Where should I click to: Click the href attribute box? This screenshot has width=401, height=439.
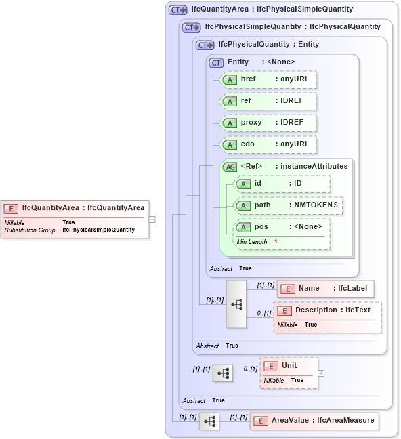(x=270, y=79)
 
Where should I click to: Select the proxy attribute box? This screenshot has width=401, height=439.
(x=270, y=123)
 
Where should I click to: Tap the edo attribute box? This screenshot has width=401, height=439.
(x=270, y=144)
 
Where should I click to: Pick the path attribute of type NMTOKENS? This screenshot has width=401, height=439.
(x=288, y=205)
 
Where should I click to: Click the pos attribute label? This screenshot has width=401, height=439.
(x=261, y=226)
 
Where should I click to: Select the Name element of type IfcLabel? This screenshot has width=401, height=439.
(x=325, y=288)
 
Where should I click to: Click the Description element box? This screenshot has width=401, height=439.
(x=327, y=310)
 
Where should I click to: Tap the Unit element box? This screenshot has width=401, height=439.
(x=289, y=366)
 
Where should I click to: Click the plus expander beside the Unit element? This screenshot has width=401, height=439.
(x=321, y=373)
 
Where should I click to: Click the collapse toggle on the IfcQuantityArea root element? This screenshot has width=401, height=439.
(x=152, y=219)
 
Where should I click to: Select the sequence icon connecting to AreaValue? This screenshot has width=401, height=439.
(x=209, y=421)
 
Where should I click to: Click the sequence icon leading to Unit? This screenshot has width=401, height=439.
(x=223, y=373)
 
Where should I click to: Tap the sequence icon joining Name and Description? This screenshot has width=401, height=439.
(x=236, y=304)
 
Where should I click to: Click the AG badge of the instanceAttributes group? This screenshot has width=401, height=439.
(x=230, y=166)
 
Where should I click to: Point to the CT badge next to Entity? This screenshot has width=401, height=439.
(x=217, y=62)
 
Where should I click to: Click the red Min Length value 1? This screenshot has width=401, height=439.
(x=276, y=241)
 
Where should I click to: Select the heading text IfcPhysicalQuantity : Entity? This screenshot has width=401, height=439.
(x=268, y=45)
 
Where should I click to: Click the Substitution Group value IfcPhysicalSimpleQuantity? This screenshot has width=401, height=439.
(x=98, y=230)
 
